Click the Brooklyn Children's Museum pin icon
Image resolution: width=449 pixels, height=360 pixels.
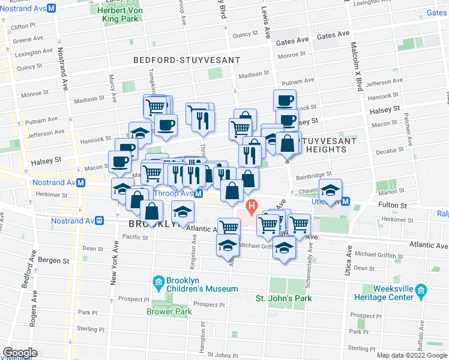coord(158,282)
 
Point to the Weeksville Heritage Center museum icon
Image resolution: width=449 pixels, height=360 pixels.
coord(421,292)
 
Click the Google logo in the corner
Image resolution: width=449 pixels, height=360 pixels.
coord(20,352)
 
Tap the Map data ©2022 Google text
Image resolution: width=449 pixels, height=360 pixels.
coord(412,355)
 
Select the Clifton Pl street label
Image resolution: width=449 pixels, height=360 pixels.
coord(23,26)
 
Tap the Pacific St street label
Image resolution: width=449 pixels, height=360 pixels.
coord(135,237)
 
